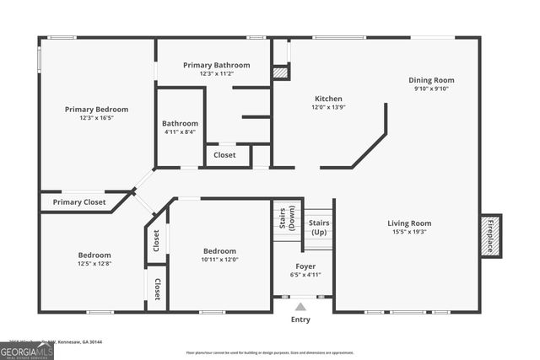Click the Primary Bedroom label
click(97, 109)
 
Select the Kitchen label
click(328, 98)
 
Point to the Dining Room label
click(431, 79)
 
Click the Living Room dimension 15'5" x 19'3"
click(409, 232)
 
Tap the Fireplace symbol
click(490, 235)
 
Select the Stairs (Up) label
click(319, 227)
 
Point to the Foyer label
click(305, 266)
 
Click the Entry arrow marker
click(300, 307)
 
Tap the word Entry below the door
click(300, 320)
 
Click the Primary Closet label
click(79, 202)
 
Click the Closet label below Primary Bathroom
click(224, 155)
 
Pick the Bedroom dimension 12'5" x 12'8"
click(94, 264)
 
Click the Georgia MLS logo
click(26, 351)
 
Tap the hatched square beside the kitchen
click(280, 73)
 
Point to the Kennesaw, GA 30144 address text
click(80, 341)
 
